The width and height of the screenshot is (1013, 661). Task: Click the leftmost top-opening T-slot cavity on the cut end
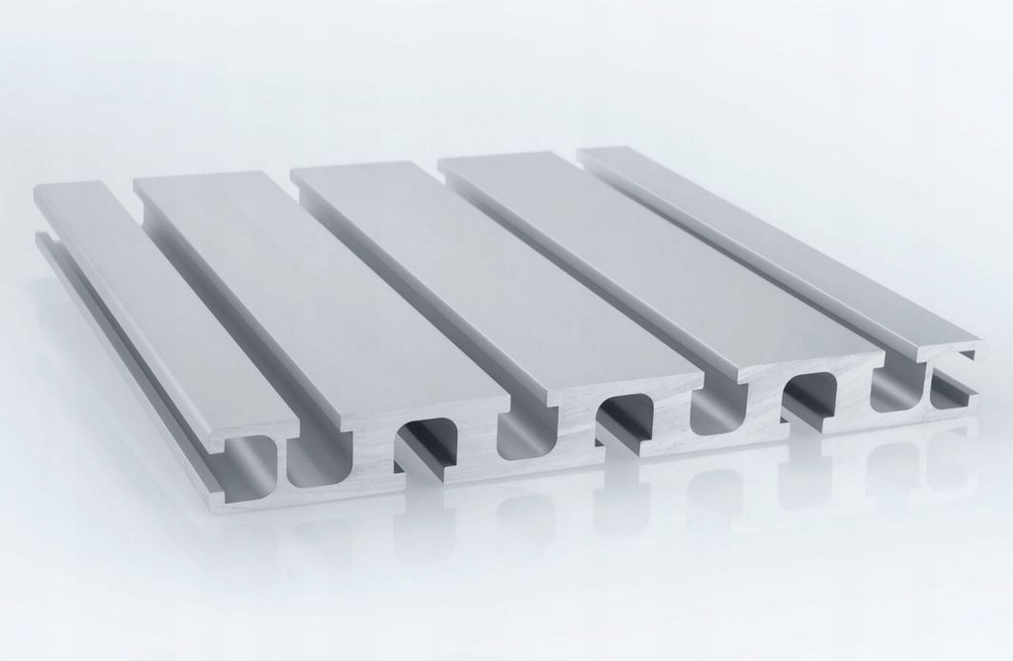tap(317, 460)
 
